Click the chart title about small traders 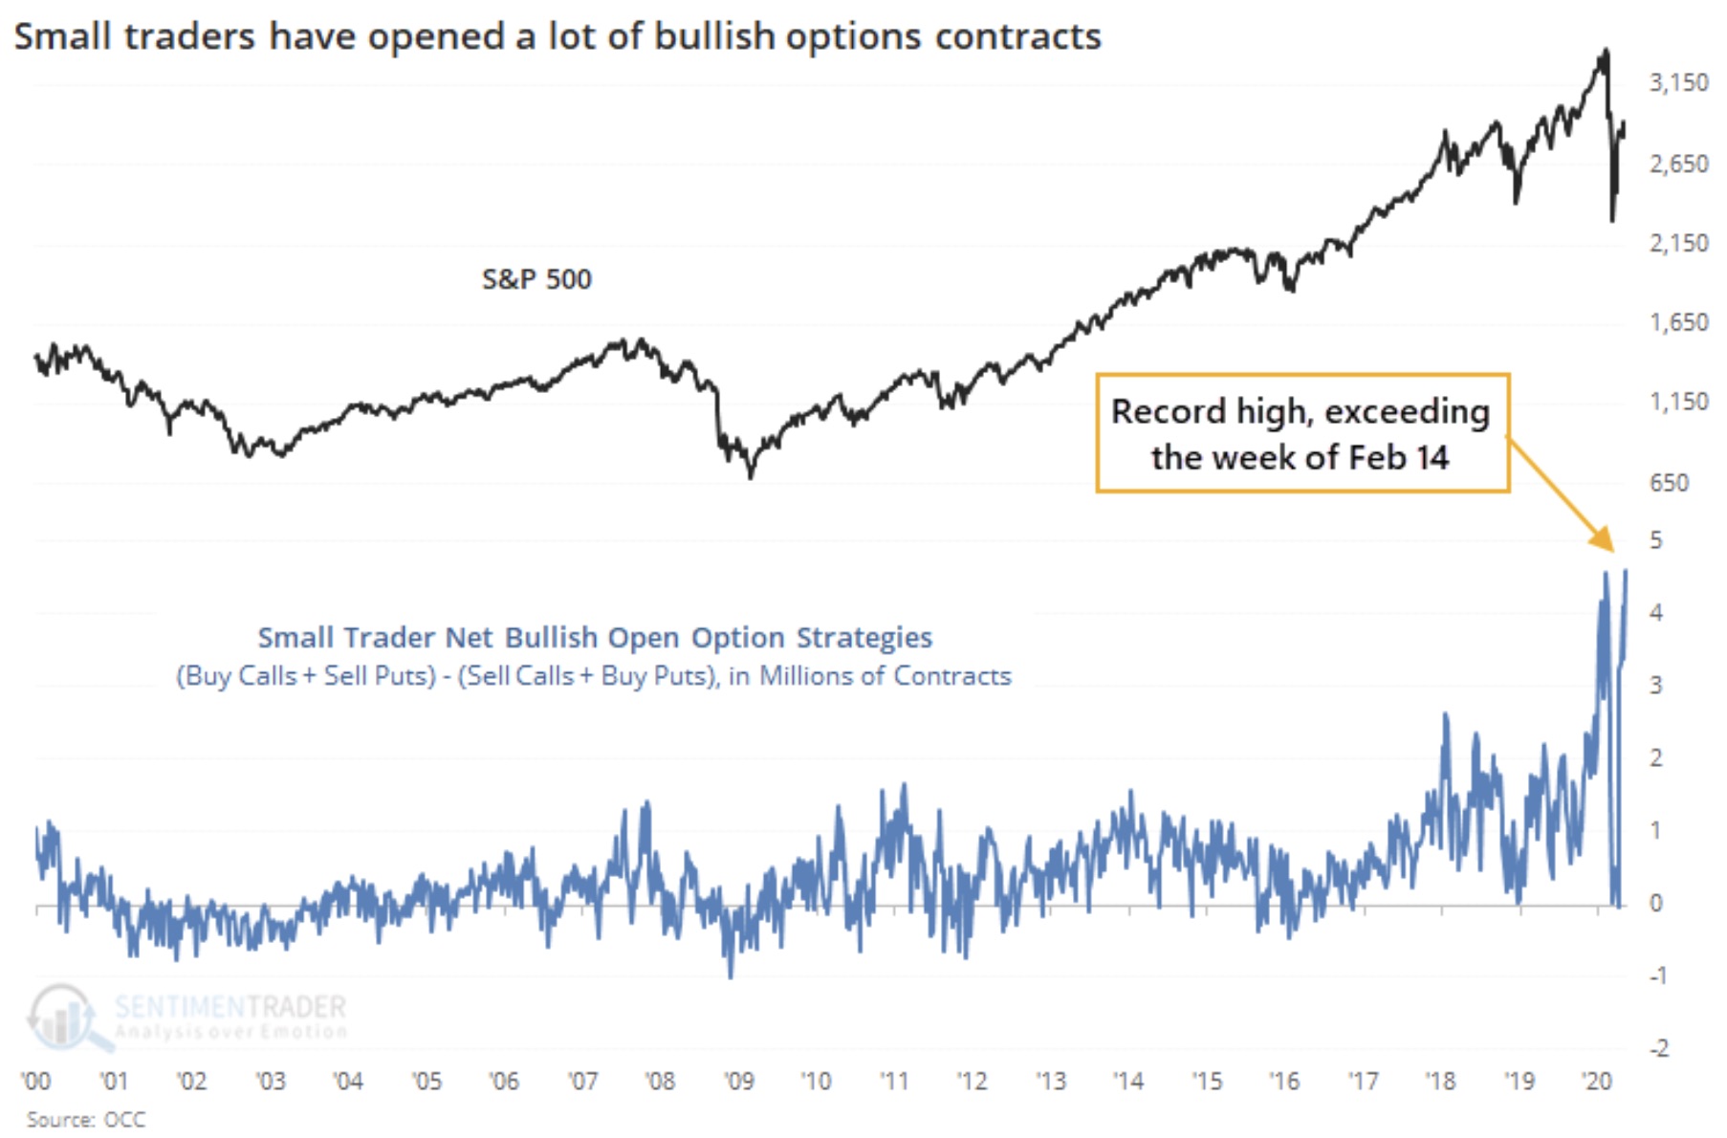coord(557,36)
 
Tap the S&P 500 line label coord(536,279)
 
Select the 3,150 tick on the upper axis coord(1678,83)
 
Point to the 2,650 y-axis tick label coord(1678,164)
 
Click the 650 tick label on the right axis coord(1669,483)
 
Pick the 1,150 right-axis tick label coord(1678,402)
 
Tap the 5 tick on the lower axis coord(1656,540)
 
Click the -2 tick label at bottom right coord(1658,1048)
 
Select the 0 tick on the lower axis coord(1656,903)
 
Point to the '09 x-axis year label coord(738,1081)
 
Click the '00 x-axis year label coord(36,1081)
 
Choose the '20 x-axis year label coord(1597,1081)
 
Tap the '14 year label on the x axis coord(1128,1081)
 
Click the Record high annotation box coord(1301,433)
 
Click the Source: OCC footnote coord(86,1119)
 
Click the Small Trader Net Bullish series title coord(595,637)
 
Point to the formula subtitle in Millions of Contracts coord(594,676)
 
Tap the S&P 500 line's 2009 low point coord(751,475)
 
